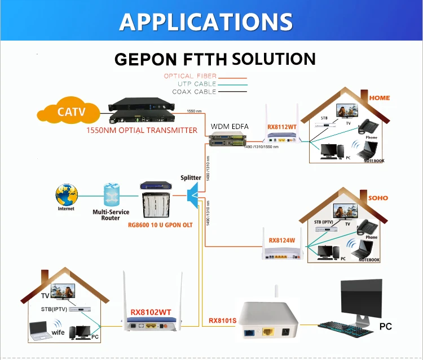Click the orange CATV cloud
click(x=71, y=112)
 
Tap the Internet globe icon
click(x=67, y=195)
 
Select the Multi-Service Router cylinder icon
click(x=111, y=195)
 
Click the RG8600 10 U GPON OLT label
click(x=160, y=224)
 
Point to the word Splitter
click(x=191, y=177)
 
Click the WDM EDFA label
click(x=229, y=126)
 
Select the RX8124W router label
click(x=282, y=240)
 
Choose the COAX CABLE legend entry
click(x=194, y=92)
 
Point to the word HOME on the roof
click(x=379, y=97)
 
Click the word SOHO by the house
click(x=378, y=198)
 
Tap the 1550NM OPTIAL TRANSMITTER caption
click(x=142, y=130)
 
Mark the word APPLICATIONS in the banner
click(x=206, y=21)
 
